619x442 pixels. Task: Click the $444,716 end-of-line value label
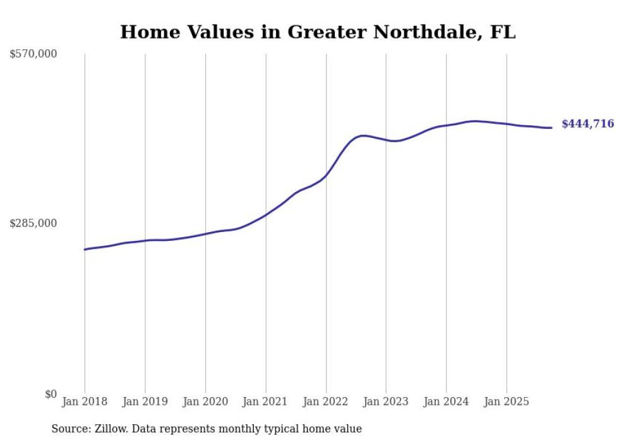[587, 124]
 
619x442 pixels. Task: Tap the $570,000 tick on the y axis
[33, 54]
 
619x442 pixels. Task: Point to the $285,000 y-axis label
[33, 223]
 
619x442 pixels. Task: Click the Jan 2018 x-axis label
[84, 402]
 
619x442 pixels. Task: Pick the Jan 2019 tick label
[145, 402]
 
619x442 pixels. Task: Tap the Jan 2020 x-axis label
[205, 402]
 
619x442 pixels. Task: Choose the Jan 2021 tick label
[265, 402]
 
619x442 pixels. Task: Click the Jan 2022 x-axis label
[326, 402]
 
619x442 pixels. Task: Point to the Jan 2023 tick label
[386, 402]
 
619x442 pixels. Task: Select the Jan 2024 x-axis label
[446, 402]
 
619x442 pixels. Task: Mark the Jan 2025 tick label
[507, 402]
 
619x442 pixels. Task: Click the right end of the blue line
[551, 128]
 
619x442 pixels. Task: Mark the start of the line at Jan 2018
[85, 249]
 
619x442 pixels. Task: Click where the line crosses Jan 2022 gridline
[326, 175]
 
